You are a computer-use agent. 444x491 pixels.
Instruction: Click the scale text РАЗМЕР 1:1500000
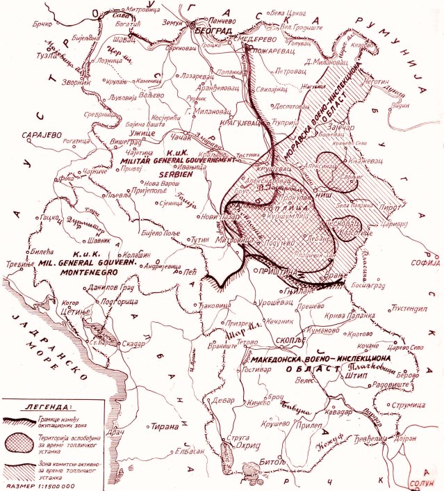[42, 485]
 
